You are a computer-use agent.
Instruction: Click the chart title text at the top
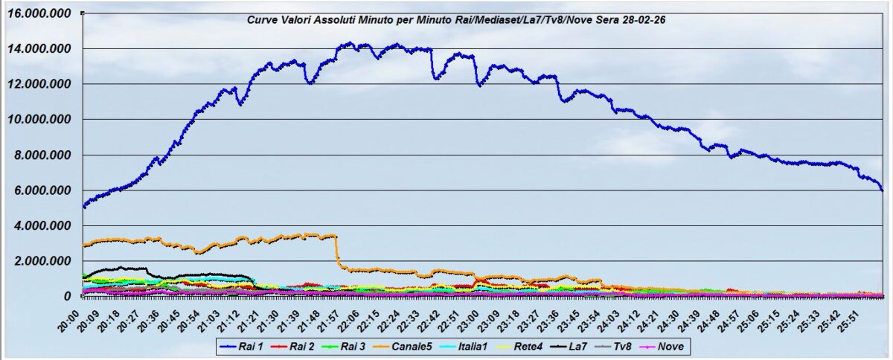pos(456,20)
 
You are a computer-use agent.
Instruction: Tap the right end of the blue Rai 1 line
pos(882,190)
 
